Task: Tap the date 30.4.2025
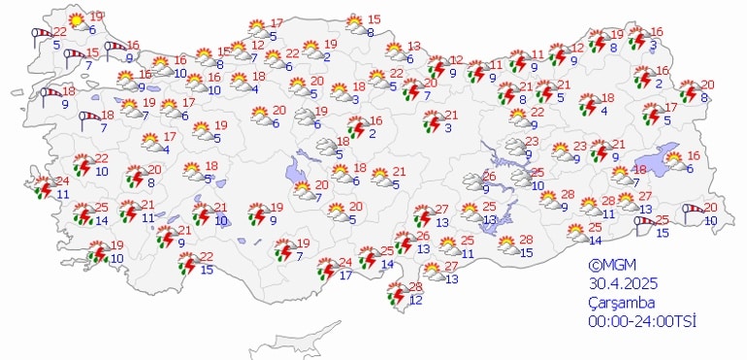(x=621, y=283)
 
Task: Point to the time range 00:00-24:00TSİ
(x=642, y=320)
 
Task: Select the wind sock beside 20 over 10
(x=693, y=210)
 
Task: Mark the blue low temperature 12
(x=415, y=300)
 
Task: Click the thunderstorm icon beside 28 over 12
(x=396, y=293)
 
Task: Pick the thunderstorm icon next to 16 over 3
(x=637, y=40)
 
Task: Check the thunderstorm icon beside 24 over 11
(x=43, y=186)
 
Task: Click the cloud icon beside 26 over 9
(x=471, y=180)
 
